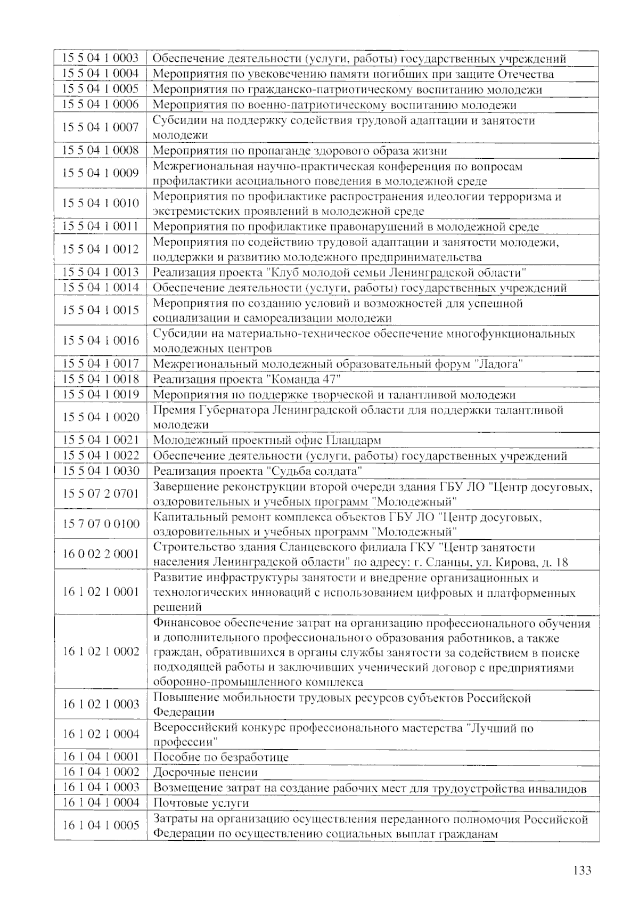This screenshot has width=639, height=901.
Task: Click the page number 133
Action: point(582,871)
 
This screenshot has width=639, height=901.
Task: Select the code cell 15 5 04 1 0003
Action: point(101,58)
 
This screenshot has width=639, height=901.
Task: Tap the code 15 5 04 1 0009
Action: point(101,173)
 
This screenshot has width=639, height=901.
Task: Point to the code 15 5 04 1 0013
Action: point(101,272)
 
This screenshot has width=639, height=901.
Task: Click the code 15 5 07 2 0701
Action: point(101,493)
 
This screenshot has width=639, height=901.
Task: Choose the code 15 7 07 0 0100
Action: point(101,524)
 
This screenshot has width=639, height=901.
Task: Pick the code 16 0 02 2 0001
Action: point(101,554)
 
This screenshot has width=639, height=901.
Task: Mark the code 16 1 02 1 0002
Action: point(101,652)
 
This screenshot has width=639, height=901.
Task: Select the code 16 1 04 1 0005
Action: point(101,825)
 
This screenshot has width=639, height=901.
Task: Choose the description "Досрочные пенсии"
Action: point(205,773)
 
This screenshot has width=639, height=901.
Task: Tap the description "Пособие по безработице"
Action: point(220,757)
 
